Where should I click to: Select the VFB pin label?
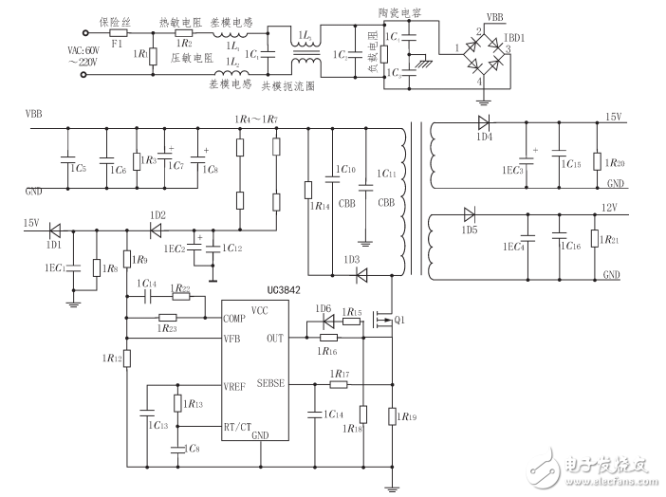[235, 339]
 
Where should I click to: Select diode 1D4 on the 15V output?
[484, 122]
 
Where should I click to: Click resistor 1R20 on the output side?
[596, 159]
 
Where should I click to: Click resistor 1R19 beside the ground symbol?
[392, 415]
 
